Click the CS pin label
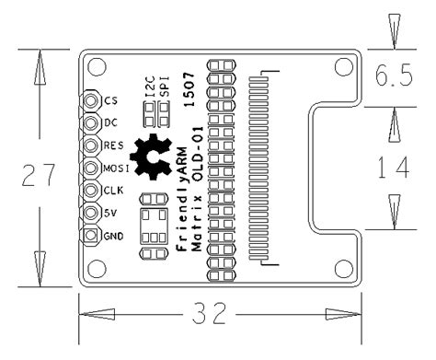pyautogui.click(x=110, y=100)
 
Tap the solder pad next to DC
pyautogui.click(x=90, y=123)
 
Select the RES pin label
pyautogui.click(x=113, y=145)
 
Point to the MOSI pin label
pyautogui.click(x=116, y=168)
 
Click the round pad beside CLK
pyautogui.click(x=90, y=191)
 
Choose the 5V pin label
pyautogui.click(x=110, y=213)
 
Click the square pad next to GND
pyautogui.click(x=90, y=236)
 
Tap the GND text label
pyautogui.click(x=113, y=236)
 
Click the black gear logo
pyautogui.click(x=151, y=157)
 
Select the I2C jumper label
pyautogui.click(x=150, y=87)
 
